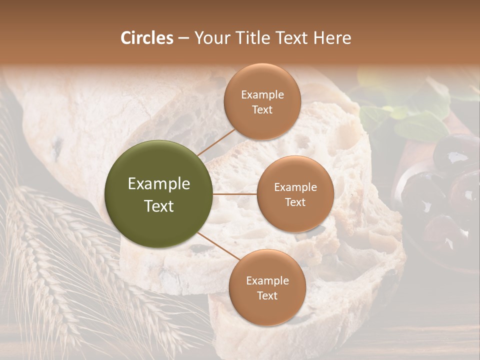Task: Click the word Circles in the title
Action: click(146, 38)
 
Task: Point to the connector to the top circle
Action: click(216, 141)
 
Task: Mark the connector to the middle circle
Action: click(235, 194)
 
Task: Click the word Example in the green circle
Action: click(159, 184)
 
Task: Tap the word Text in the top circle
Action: click(262, 110)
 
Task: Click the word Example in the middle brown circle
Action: click(295, 187)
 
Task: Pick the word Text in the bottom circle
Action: click(267, 295)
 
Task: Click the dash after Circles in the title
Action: click(183, 38)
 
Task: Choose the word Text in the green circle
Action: click(159, 206)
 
